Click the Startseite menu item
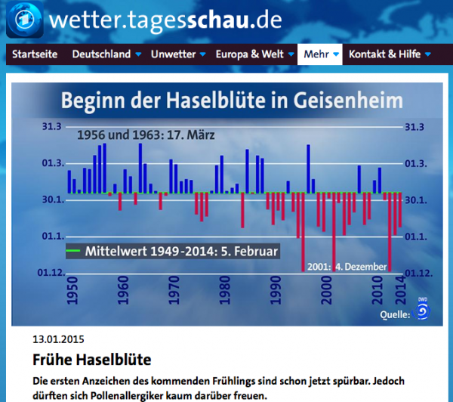(x=34, y=54)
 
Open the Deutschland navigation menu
(x=100, y=54)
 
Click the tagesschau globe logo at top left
(x=23, y=20)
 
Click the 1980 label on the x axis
(x=224, y=292)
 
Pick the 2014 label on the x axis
(x=400, y=292)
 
